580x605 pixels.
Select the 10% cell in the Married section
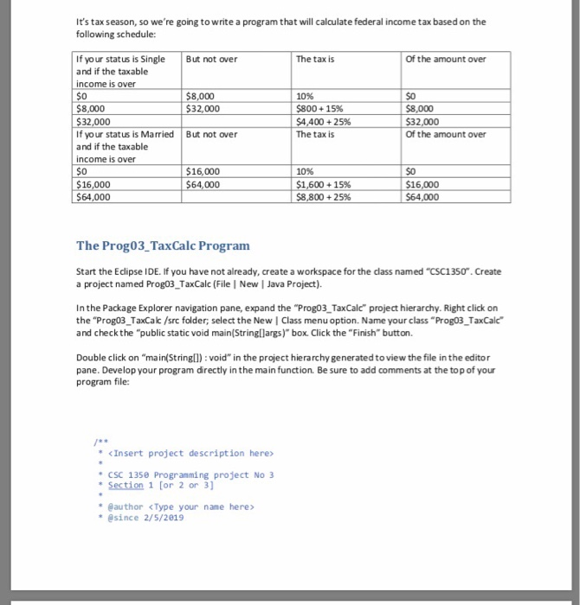click(305, 172)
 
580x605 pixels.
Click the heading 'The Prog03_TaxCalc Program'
click(163, 245)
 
